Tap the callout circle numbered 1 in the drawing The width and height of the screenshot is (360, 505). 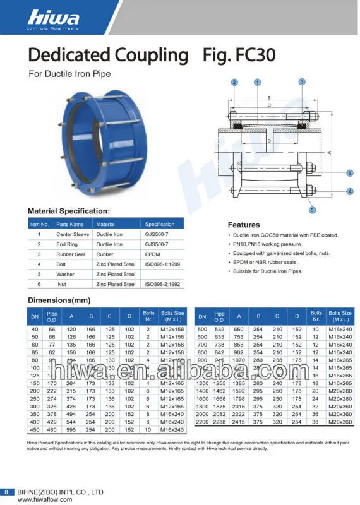[257, 82]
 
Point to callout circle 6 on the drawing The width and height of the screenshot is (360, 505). [349, 172]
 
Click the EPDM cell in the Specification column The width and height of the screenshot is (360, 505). [153, 254]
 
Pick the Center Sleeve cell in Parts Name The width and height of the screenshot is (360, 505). [71, 234]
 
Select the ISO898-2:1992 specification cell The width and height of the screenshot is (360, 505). [162, 284]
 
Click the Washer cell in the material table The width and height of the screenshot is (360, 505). [65, 274]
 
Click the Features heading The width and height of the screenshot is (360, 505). [243, 225]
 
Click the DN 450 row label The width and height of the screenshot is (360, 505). [35, 429]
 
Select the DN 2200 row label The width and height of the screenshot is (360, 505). [202, 420]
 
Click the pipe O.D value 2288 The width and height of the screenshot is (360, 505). [219, 420]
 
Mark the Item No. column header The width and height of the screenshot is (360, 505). [39, 224]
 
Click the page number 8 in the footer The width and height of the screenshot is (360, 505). [7, 491]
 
